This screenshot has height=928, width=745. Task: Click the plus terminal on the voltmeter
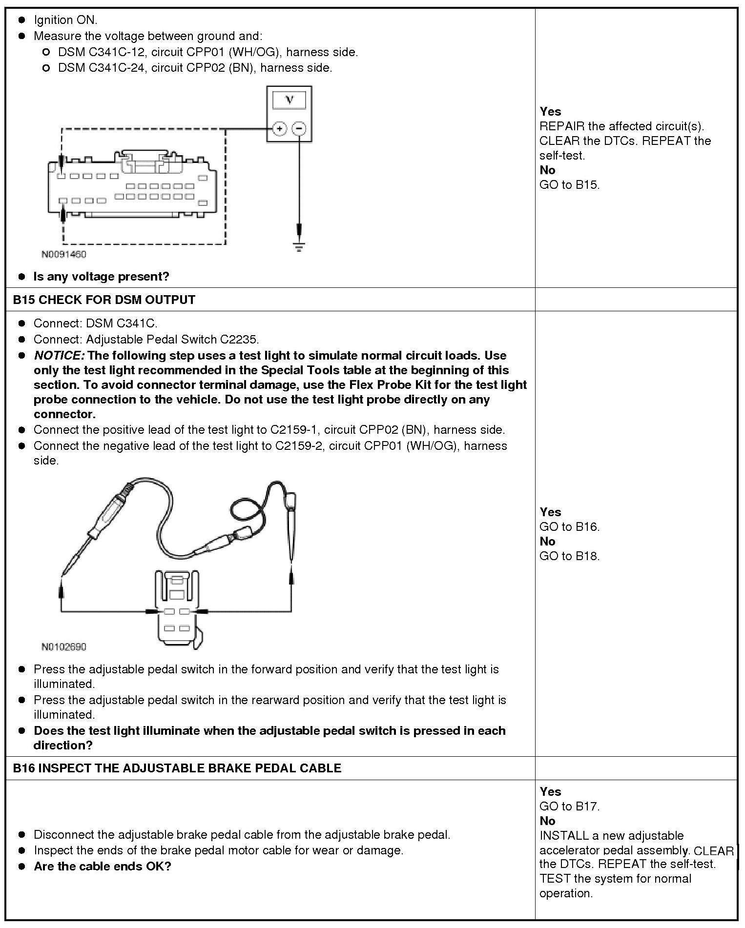point(279,129)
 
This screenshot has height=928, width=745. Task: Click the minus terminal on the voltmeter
point(299,129)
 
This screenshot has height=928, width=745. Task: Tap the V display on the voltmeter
point(290,100)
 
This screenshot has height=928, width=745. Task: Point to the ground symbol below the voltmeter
point(299,246)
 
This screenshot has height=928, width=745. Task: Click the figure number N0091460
point(63,255)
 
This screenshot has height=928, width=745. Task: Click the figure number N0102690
point(63,647)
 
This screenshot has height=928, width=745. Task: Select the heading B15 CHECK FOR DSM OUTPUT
point(104,300)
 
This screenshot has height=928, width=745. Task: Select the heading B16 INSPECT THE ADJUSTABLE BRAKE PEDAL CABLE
point(177,768)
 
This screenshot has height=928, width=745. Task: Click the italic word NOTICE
point(59,355)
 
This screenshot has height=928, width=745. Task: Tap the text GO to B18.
point(569,556)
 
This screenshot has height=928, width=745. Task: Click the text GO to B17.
point(569,806)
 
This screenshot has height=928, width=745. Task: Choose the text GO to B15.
point(569,184)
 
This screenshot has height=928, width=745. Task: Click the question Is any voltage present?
point(101,276)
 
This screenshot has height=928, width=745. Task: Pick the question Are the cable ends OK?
point(103,867)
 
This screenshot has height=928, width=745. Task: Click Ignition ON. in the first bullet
point(65,20)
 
